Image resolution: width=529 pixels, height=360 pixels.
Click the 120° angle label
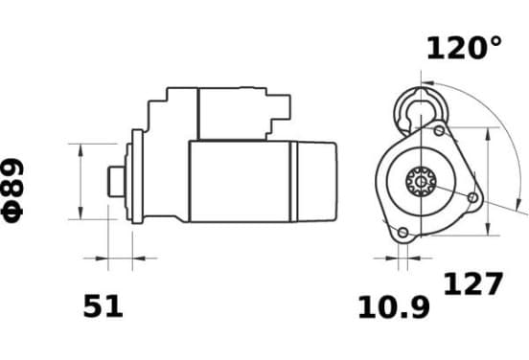coord(464,49)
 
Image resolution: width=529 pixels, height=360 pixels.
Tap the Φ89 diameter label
coord(12,191)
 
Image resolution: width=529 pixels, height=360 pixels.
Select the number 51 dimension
coord(103,306)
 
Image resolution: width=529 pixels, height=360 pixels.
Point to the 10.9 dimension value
coord(394,307)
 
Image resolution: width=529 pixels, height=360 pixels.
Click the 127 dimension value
coord(472,283)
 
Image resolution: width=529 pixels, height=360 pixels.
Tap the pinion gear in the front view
coord(421,182)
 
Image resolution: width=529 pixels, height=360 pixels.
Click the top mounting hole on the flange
coord(439,130)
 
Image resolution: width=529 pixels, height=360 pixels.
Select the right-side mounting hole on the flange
coord(473,197)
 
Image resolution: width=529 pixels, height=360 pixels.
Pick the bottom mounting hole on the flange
coord(402,233)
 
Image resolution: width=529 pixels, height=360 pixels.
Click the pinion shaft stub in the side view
coord(116,182)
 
